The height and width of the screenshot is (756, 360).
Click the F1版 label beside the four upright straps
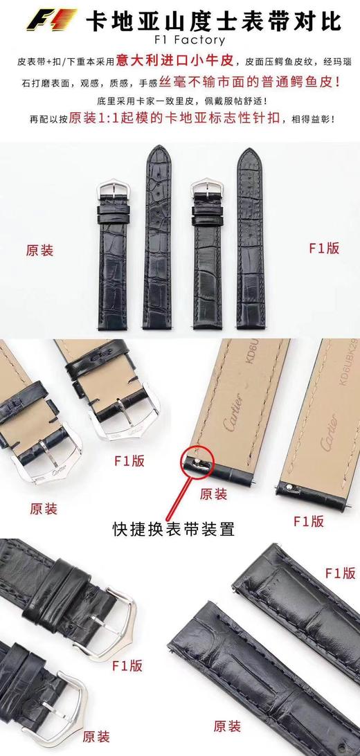pos(323,248)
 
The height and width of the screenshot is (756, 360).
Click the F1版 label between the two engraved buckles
pos(128,461)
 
